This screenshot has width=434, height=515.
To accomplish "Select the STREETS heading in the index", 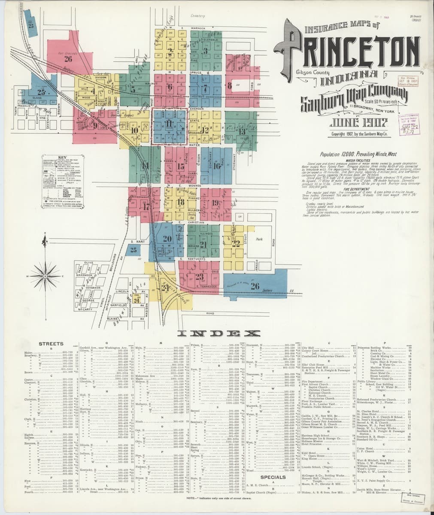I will click(x=51, y=344).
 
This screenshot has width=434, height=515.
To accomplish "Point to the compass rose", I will click(x=44, y=276).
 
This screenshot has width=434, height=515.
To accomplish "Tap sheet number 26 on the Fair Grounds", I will click(x=67, y=59).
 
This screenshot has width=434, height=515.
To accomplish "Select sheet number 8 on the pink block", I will click(x=231, y=86).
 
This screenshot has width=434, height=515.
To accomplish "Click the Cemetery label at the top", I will click(x=197, y=16).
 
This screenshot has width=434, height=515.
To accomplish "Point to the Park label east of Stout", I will click(x=259, y=239).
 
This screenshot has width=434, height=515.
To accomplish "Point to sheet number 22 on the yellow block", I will click(x=235, y=242).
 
